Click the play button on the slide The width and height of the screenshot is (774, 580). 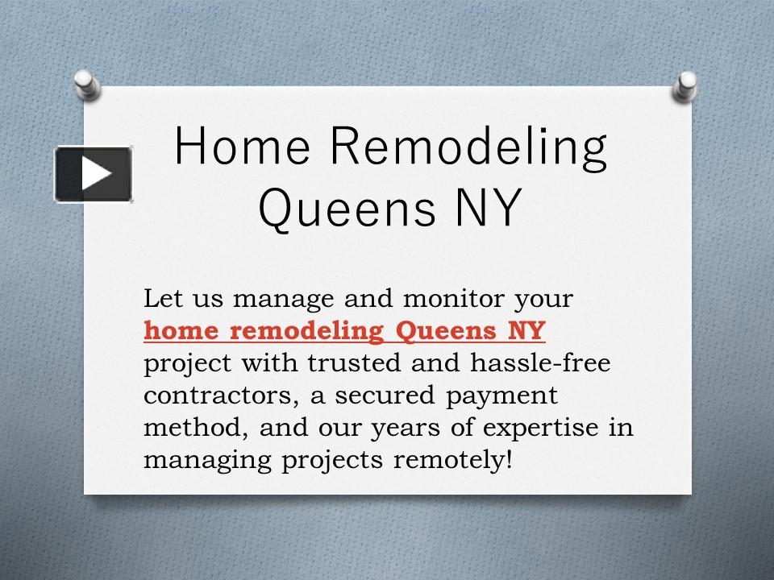pyautogui.click(x=94, y=174)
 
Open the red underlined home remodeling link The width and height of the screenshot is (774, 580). pyautogui.click(x=344, y=330)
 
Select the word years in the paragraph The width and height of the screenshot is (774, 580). pyautogui.click(x=404, y=429)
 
